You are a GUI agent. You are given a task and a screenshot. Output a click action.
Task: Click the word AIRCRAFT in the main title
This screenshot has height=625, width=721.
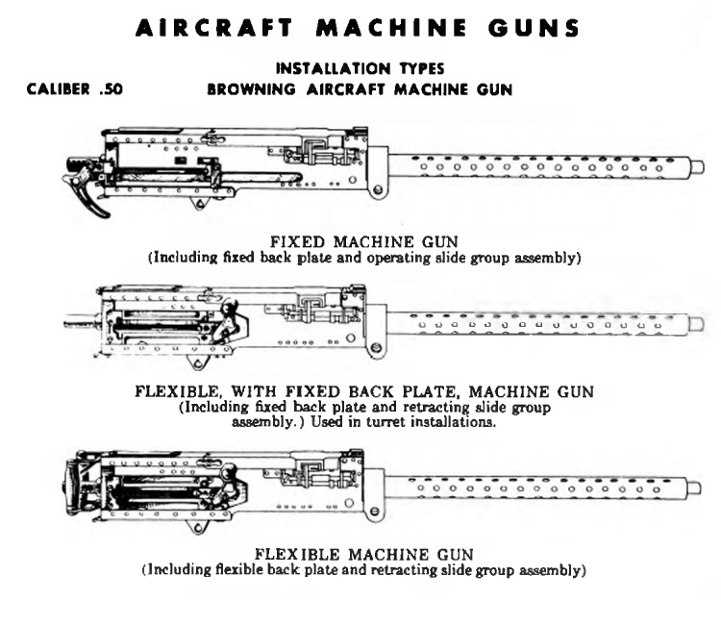[x=214, y=28]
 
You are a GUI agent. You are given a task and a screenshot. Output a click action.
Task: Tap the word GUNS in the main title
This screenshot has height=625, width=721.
[x=534, y=28]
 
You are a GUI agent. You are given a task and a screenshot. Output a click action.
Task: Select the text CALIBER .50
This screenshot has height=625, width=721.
[x=74, y=88]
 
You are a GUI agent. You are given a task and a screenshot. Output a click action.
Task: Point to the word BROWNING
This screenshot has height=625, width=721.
[x=251, y=89]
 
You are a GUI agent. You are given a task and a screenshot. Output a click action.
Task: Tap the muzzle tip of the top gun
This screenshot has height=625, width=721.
[x=697, y=165]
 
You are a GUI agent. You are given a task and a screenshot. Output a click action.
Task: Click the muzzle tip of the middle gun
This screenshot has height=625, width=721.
[x=696, y=324]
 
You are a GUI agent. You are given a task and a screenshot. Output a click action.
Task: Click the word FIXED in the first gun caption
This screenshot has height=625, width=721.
[x=297, y=242]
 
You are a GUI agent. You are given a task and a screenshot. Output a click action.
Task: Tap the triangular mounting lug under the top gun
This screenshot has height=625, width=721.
[x=200, y=202]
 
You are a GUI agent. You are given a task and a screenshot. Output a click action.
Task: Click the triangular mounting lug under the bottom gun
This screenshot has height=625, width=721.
[x=198, y=527]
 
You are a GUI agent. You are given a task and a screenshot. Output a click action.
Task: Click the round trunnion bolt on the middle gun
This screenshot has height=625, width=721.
[x=376, y=348]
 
